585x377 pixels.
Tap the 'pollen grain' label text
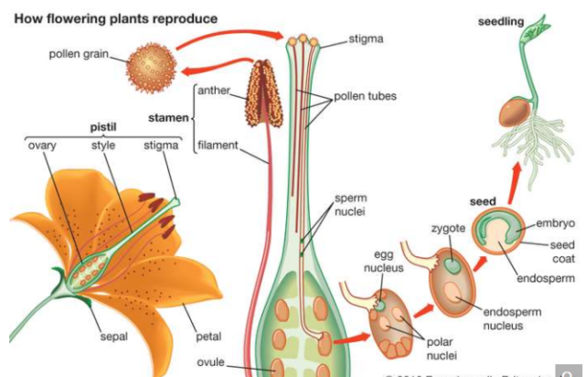click(79, 54)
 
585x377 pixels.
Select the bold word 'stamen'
click(167, 117)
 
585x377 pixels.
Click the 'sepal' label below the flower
click(114, 337)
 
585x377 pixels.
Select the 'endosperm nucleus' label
click(511, 318)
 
